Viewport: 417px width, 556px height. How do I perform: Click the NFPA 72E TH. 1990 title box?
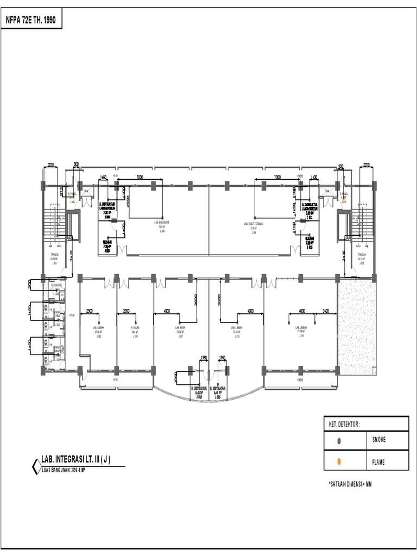pyautogui.click(x=31, y=21)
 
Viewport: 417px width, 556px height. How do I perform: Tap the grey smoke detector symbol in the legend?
pyautogui.click(x=339, y=441)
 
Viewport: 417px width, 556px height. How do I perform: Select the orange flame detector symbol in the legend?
pyautogui.click(x=339, y=462)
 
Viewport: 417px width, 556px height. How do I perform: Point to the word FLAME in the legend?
pyautogui.click(x=379, y=462)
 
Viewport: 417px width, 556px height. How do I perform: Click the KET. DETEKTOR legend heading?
pyautogui.click(x=344, y=424)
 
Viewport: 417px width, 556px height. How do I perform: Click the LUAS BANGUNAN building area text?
pyautogui.click(x=64, y=470)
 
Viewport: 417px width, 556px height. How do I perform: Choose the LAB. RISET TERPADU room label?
pyautogui.click(x=254, y=223)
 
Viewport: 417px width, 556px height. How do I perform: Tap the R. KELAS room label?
pyautogui.click(x=135, y=328)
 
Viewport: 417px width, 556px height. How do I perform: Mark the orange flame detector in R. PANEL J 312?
pyautogui.click(x=343, y=199)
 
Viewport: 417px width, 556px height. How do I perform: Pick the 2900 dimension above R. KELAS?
pyautogui.click(x=126, y=311)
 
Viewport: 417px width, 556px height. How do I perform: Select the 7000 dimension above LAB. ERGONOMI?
pyautogui.click(x=140, y=177)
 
